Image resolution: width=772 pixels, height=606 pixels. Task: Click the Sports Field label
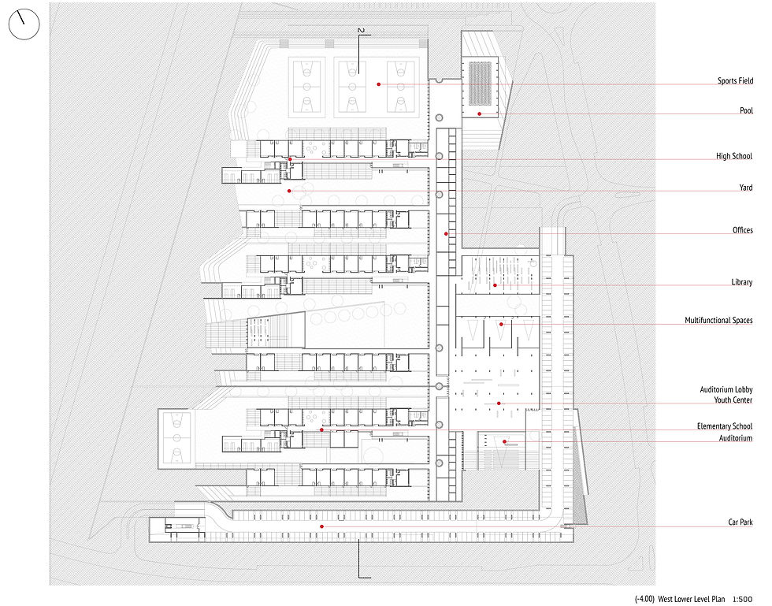(735, 81)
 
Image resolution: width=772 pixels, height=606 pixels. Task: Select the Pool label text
(747, 110)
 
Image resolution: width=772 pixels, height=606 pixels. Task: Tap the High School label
(734, 156)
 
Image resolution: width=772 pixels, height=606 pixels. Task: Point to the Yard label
(746, 188)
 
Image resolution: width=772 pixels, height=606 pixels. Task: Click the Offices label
(742, 230)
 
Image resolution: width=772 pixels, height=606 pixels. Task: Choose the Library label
(741, 282)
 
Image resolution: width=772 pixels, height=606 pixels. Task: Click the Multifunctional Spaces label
(718, 320)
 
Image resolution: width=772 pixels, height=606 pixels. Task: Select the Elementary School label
(724, 426)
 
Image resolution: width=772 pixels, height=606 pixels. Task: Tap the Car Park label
(740, 522)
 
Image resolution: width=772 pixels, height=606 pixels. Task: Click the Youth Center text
(733, 400)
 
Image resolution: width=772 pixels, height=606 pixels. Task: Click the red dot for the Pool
(479, 114)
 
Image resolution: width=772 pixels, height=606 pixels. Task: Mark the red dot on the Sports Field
(379, 84)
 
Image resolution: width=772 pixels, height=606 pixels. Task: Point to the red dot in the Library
(495, 285)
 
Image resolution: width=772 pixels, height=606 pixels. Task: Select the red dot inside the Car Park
(321, 526)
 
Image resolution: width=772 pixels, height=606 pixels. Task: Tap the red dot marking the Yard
(289, 191)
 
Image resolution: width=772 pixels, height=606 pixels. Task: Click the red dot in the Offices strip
(446, 233)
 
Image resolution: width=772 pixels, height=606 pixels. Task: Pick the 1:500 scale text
(742, 599)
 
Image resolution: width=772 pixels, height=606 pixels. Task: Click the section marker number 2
(361, 31)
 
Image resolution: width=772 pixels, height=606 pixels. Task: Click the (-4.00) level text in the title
(644, 599)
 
